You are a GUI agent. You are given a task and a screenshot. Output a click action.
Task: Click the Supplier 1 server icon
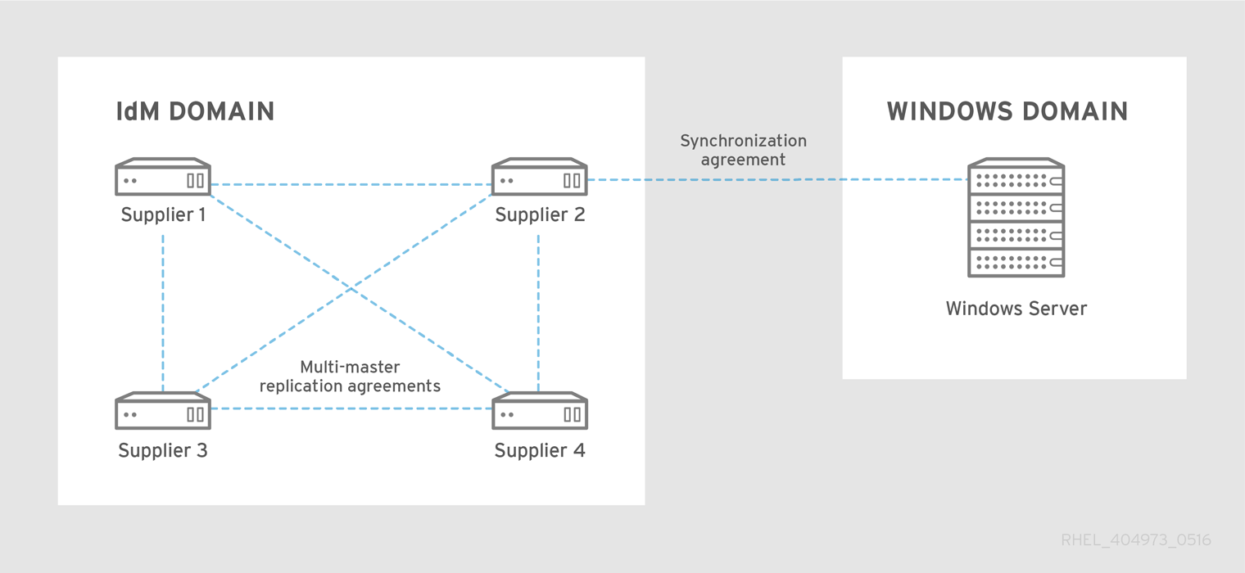(x=163, y=177)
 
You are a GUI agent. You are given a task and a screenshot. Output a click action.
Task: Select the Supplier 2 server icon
(x=539, y=177)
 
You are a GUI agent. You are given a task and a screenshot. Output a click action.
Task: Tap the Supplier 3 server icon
(x=163, y=411)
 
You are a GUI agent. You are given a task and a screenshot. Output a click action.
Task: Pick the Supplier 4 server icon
(x=539, y=411)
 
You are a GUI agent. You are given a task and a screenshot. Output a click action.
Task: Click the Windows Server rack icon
(x=1016, y=219)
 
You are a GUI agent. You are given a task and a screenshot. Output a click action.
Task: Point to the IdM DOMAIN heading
(x=195, y=112)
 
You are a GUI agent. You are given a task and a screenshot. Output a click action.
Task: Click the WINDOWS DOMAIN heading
(x=1007, y=112)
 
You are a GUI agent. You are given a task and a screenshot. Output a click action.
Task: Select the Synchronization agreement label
(x=743, y=151)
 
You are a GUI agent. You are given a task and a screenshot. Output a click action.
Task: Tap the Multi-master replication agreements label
(x=350, y=377)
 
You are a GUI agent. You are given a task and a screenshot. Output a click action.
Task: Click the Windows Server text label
(x=1016, y=309)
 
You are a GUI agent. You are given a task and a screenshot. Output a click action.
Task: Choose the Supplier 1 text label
(x=163, y=215)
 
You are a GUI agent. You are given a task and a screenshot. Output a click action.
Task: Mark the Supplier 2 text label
(x=540, y=215)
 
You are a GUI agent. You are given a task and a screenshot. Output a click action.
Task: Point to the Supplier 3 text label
(x=163, y=450)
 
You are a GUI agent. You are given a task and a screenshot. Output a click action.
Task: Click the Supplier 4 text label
(x=540, y=450)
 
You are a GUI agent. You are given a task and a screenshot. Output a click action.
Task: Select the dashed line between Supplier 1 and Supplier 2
(x=351, y=184)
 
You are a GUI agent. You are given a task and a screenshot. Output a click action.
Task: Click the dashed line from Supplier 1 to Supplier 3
(x=163, y=311)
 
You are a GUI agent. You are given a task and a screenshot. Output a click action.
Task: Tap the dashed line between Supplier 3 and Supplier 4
(x=351, y=408)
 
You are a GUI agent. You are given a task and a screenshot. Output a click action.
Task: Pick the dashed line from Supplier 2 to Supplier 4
(x=538, y=311)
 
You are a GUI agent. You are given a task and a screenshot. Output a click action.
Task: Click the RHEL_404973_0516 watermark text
(x=1135, y=540)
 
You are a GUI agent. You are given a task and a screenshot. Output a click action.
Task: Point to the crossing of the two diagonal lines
(x=351, y=288)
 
